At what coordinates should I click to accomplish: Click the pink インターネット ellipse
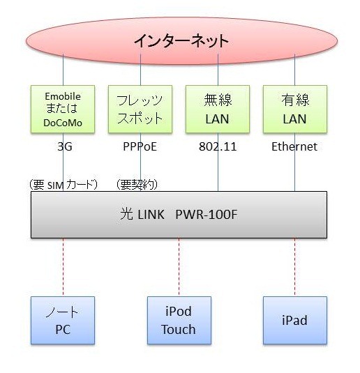(x=181, y=40)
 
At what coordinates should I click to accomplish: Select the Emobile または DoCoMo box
(x=63, y=109)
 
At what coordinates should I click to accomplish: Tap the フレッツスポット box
(x=140, y=109)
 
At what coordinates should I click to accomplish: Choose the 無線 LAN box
(x=218, y=109)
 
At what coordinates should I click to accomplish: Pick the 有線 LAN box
(x=295, y=109)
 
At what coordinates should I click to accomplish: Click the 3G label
(x=65, y=146)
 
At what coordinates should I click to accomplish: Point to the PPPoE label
(x=140, y=146)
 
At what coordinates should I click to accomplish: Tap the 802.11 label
(x=218, y=146)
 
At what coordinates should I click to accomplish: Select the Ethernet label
(x=294, y=146)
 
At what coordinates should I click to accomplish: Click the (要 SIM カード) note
(x=63, y=185)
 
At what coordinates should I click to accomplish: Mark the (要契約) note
(x=137, y=185)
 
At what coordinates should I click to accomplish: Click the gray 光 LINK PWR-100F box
(x=179, y=215)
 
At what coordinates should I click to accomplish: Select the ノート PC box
(x=63, y=320)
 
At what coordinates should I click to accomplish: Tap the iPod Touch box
(x=179, y=320)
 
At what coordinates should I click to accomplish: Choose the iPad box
(x=295, y=320)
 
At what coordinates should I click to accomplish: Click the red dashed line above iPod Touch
(x=179, y=267)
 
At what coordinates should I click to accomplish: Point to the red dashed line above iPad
(x=295, y=267)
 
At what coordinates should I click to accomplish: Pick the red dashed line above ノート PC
(x=63, y=267)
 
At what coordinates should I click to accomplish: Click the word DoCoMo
(x=63, y=123)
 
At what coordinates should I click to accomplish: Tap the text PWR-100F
(x=207, y=215)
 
